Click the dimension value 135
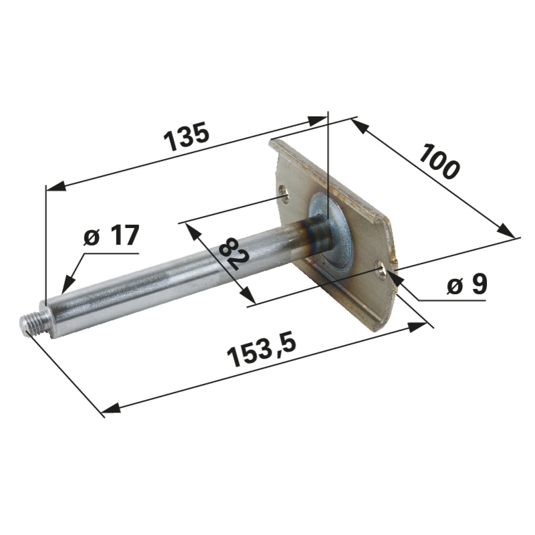coord(187,136)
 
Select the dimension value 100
coord(439,161)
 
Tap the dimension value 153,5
coord(261,350)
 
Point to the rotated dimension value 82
coord(234,254)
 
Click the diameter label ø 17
coord(111,235)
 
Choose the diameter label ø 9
coord(467,284)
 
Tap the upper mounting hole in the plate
coord(284,194)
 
